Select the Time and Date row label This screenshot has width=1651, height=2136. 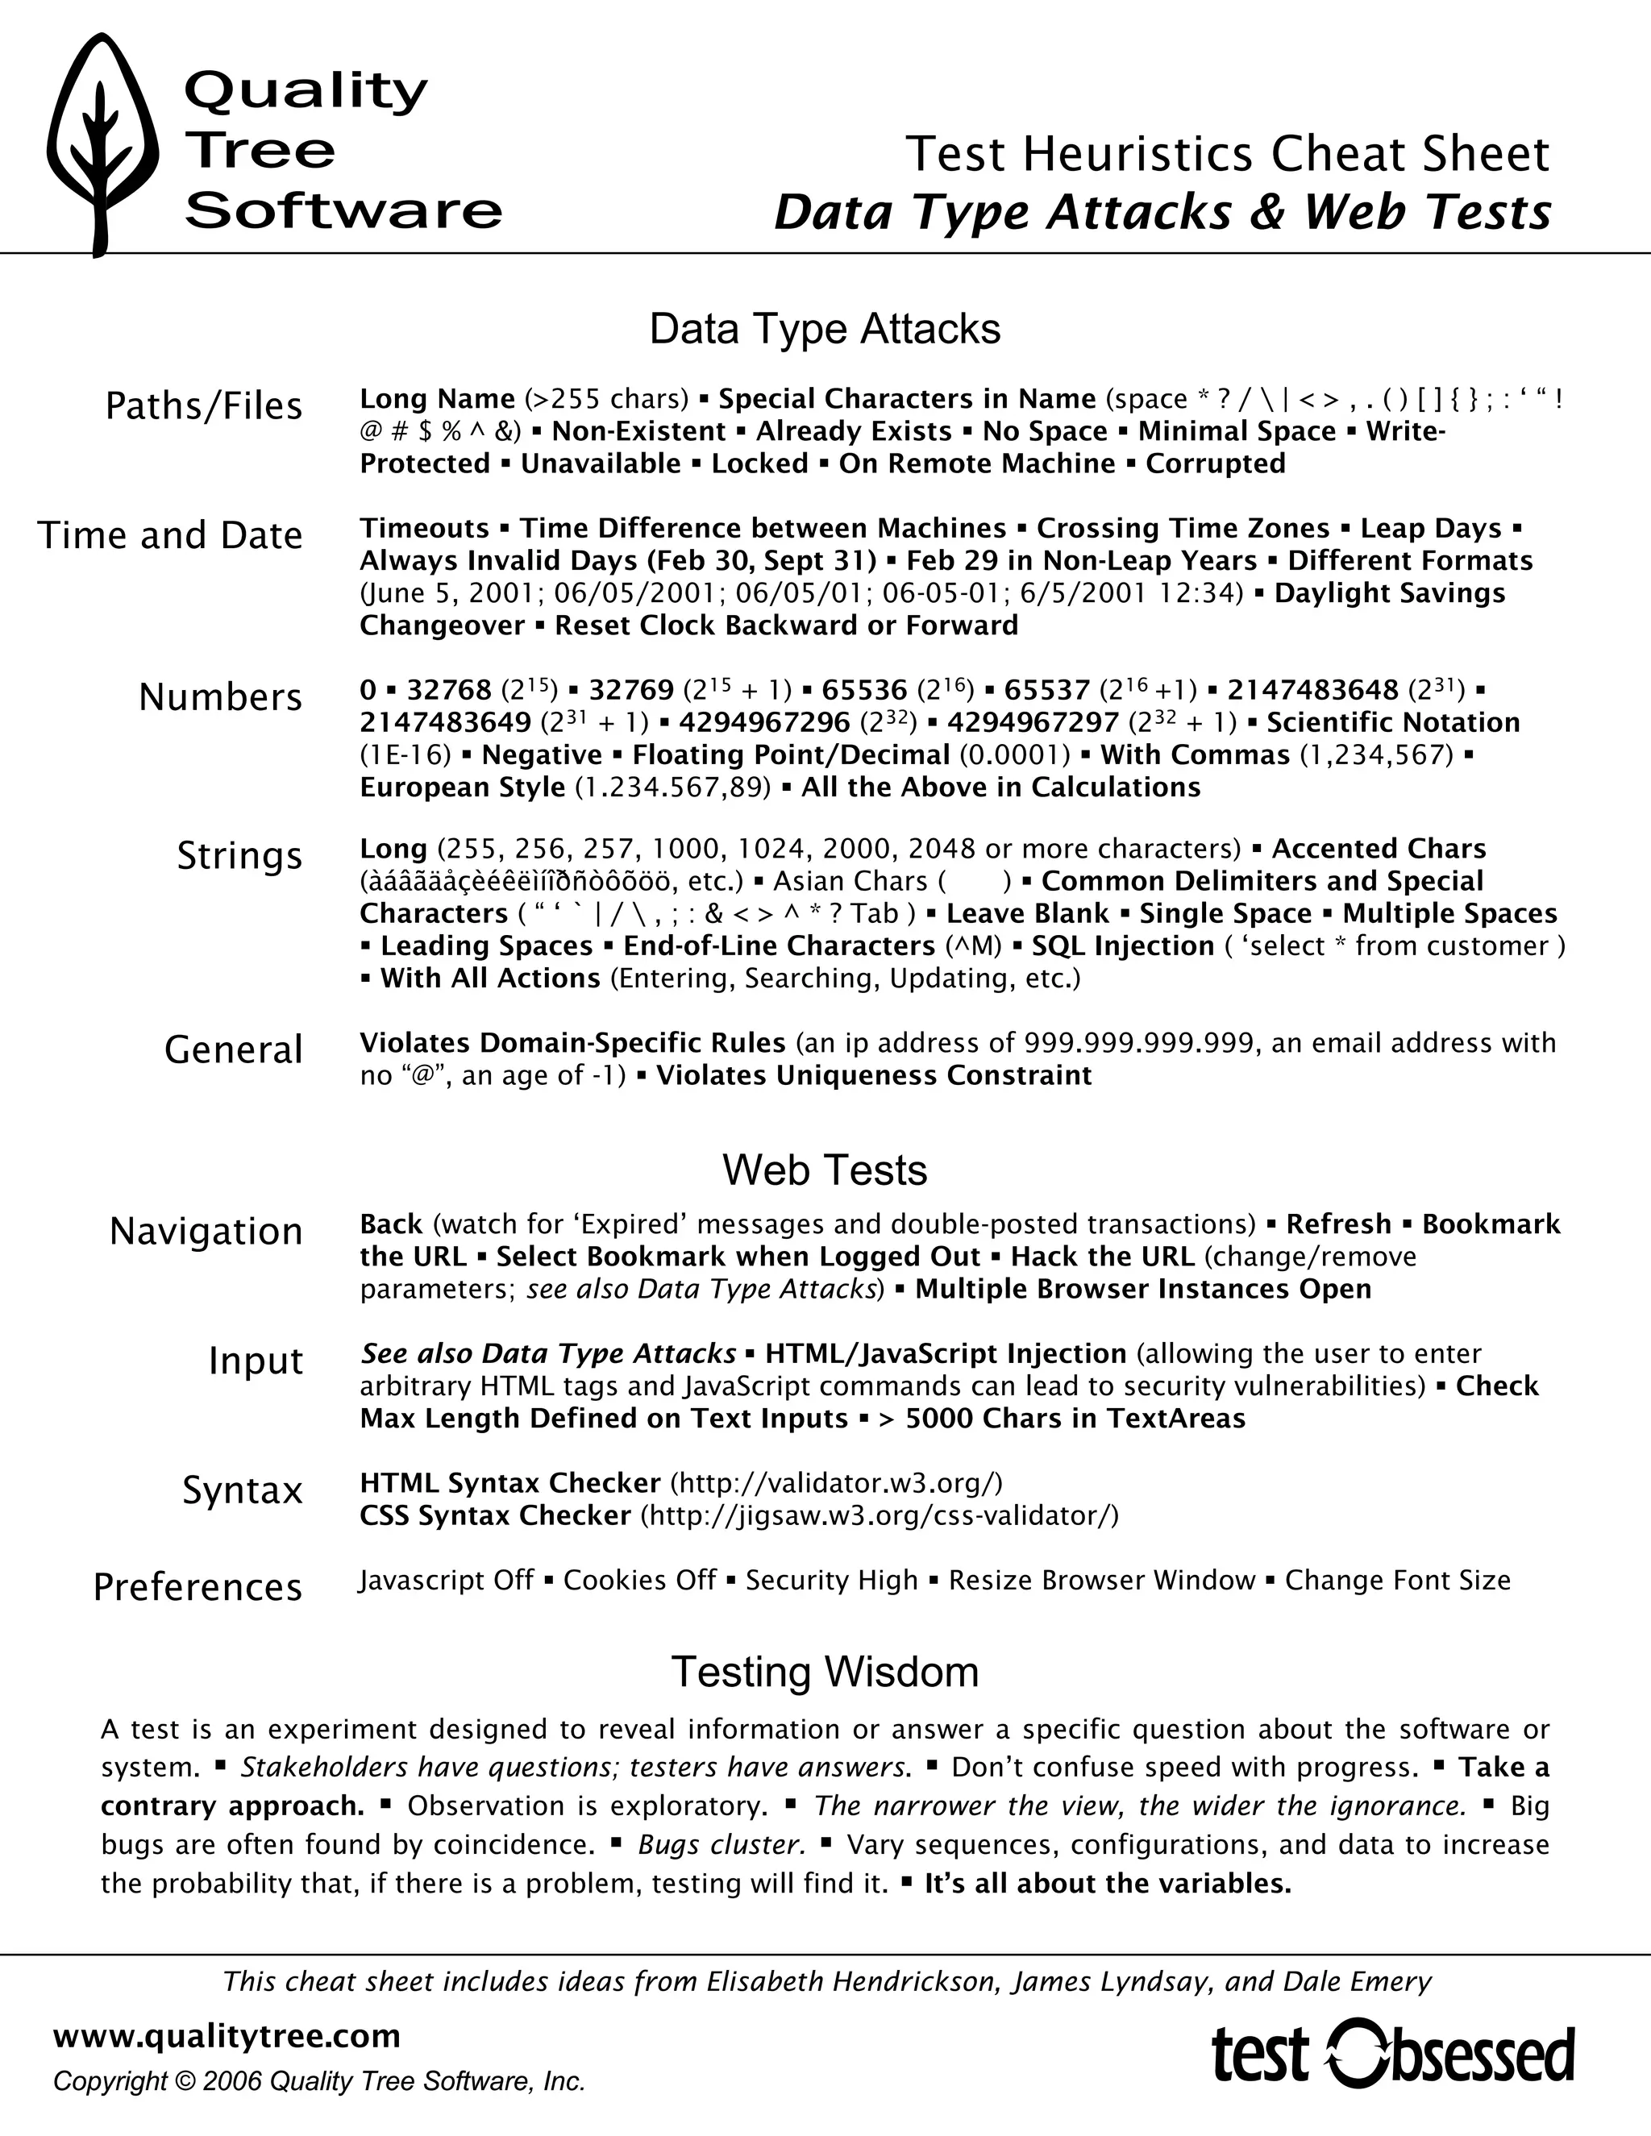tap(170, 536)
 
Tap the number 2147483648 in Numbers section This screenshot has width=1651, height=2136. tap(1312, 691)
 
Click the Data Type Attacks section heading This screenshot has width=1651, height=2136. tap(825, 330)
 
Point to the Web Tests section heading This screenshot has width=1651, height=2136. tap(825, 1170)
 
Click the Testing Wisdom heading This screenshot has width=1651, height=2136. tap(825, 1672)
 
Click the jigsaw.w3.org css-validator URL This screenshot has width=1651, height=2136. tap(880, 1515)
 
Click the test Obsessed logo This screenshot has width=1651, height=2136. tap(1393, 2054)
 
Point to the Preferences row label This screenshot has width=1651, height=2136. tap(198, 1587)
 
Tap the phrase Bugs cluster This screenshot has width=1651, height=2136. tap(722, 1844)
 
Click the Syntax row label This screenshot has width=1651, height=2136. tap(243, 1490)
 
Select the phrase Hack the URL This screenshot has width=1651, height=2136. tap(1102, 1257)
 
